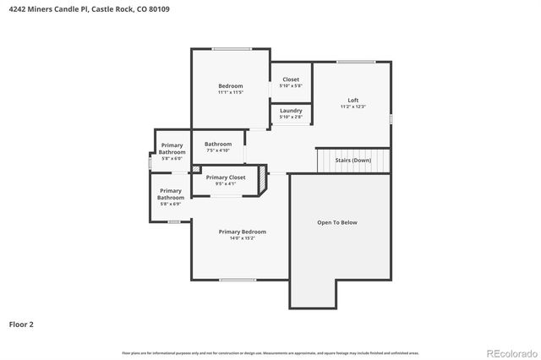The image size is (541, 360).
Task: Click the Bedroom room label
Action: [231, 86]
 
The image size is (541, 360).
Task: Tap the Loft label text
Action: [352, 101]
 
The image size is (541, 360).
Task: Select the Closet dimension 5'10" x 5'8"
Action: [291, 86]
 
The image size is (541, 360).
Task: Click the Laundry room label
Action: [291, 110]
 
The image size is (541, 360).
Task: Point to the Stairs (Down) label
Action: [352, 160]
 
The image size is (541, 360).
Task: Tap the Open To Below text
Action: [337, 222]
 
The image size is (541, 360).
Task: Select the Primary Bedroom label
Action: [243, 232]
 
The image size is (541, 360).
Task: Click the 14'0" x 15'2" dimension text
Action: [243, 238]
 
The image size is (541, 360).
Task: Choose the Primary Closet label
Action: [226, 177]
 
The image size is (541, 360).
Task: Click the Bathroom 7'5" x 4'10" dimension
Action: [217, 150]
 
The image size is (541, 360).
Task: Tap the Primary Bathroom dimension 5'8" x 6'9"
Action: [171, 204]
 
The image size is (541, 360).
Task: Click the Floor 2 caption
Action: [21, 324]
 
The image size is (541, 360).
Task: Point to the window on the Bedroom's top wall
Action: [230, 49]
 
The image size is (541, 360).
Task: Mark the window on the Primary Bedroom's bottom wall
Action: [238, 280]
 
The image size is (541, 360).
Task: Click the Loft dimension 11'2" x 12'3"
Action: [352, 107]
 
